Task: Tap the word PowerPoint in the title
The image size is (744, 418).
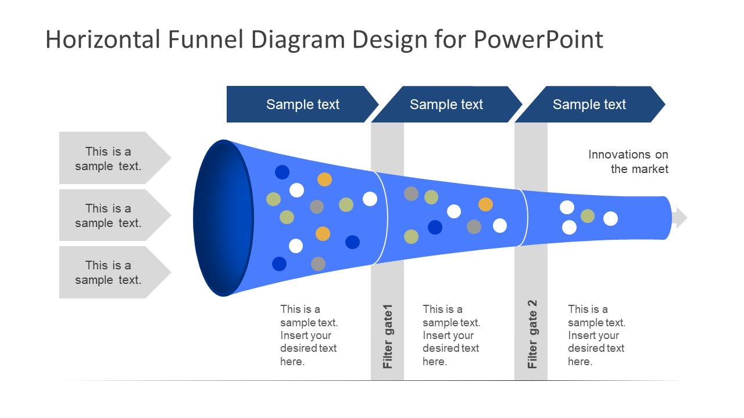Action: point(538,39)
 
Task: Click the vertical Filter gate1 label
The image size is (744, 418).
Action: point(388,337)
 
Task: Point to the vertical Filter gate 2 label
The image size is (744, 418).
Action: point(532,334)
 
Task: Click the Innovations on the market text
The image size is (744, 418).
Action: point(628,161)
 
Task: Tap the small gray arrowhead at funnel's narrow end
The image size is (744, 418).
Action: point(680,218)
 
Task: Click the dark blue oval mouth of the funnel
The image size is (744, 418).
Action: point(223,218)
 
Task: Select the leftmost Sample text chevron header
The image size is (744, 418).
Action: point(302,105)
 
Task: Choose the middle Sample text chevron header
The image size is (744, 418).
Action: point(446,105)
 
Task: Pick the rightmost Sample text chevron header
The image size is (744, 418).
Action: point(589,105)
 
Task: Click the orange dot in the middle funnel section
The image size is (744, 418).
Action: point(485,204)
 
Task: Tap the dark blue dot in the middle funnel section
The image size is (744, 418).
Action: point(435,228)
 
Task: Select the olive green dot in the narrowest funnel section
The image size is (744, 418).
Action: point(588,216)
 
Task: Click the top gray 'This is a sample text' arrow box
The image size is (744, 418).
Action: point(109,158)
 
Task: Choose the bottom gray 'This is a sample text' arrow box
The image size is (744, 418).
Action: point(109,272)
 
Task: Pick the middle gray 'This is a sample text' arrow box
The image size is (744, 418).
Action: point(109,215)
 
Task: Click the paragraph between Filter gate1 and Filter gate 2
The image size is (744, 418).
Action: point(451,336)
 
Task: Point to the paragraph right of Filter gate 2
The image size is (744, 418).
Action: point(596,336)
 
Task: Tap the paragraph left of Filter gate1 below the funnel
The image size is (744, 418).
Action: point(309,336)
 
